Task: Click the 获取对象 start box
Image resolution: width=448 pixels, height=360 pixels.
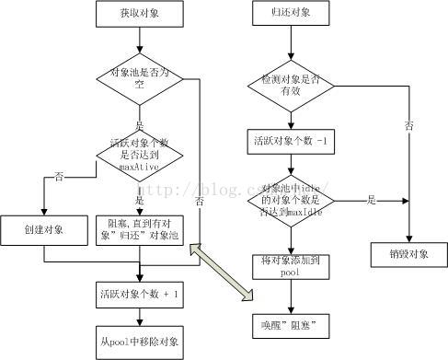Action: pyautogui.click(x=139, y=15)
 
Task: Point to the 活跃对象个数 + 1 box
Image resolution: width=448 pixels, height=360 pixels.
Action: pyautogui.click(x=139, y=295)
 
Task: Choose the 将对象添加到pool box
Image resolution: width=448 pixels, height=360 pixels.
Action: pyautogui.click(x=292, y=268)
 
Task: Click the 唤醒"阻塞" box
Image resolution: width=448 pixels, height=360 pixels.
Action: pyautogui.click(x=292, y=324)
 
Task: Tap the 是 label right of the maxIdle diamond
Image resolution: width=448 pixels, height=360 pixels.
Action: pyautogui.click(x=371, y=199)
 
